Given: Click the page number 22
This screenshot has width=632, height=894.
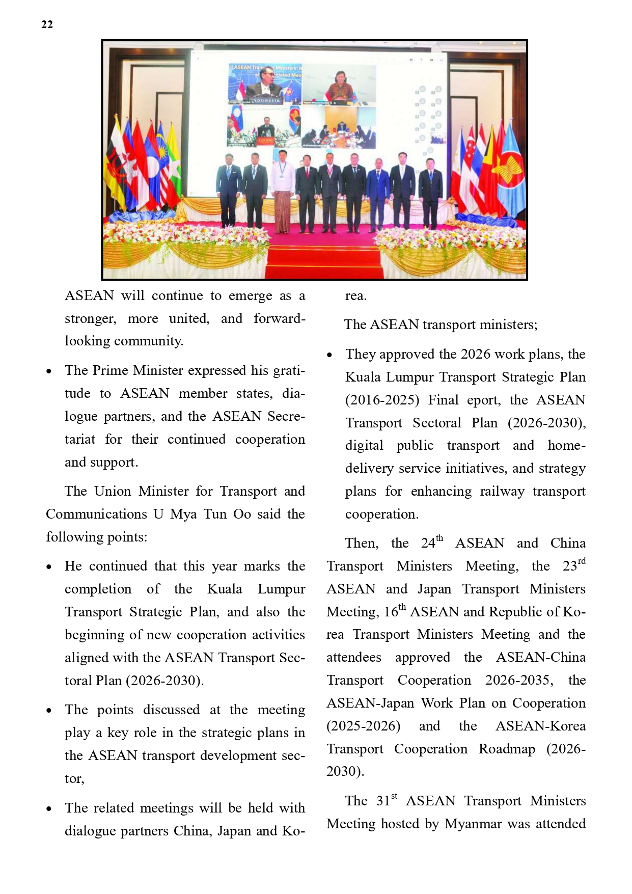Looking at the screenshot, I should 47,24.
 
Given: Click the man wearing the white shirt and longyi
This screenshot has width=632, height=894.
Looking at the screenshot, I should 282,191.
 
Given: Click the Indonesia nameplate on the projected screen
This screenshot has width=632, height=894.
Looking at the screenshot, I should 266,100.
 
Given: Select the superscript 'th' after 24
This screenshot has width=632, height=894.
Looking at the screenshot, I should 439,538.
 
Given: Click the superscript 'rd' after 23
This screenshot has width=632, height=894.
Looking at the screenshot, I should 582,561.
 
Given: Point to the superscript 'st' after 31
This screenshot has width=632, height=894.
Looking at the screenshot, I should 394,796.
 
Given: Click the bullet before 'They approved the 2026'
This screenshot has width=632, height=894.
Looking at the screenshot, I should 330,355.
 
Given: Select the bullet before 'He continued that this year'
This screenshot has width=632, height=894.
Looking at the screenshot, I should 49,567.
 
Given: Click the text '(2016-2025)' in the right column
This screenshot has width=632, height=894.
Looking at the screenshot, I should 382,400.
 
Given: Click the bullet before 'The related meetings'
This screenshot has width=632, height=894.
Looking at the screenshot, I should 49,809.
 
